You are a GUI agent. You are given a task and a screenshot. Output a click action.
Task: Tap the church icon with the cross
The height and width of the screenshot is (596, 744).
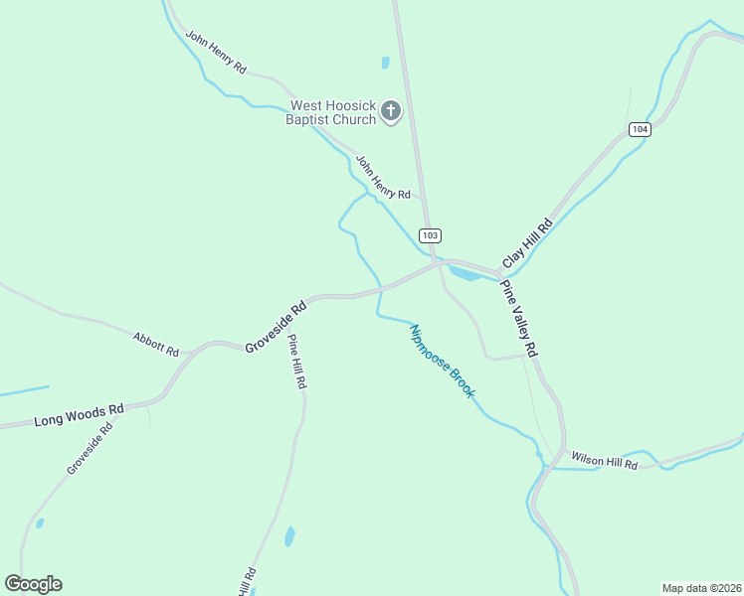tap(391, 111)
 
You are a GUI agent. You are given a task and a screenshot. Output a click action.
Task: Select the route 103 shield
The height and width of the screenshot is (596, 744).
tap(430, 235)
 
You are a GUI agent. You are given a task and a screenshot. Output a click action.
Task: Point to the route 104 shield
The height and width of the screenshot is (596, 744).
tap(640, 130)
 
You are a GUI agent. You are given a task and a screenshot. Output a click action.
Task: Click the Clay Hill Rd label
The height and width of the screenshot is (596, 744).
tap(526, 243)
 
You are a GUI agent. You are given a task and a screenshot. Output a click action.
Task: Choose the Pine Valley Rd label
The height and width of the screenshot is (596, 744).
tap(519, 319)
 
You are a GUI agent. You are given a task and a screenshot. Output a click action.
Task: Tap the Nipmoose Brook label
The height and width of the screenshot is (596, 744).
tap(443, 363)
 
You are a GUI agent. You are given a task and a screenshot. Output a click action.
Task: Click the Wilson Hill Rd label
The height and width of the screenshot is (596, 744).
tap(604, 460)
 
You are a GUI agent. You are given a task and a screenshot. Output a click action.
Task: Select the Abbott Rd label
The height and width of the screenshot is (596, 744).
tap(156, 345)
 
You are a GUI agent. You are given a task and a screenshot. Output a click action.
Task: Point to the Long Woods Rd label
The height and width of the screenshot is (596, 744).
tap(80, 415)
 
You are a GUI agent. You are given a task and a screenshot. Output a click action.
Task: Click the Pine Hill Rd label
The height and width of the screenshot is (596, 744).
tap(296, 361)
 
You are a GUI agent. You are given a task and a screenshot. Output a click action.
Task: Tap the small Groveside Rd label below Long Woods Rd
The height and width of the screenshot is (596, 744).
tap(90, 447)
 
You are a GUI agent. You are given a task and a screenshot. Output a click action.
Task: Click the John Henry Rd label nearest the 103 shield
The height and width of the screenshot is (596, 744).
tap(383, 177)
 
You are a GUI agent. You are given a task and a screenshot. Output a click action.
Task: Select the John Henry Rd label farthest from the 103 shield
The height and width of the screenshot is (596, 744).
tap(215, 51)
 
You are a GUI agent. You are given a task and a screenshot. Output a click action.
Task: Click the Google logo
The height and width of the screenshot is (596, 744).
tap(33, 584)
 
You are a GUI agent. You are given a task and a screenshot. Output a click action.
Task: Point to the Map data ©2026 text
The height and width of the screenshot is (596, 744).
tap(702, 588)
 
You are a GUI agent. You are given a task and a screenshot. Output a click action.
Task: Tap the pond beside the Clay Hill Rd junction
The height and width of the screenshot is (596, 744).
tap(464, 272)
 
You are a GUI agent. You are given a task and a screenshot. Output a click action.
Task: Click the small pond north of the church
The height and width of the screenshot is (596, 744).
tap(385, 63)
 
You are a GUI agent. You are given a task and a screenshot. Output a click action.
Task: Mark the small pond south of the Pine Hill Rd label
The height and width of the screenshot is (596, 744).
tap(289, 536)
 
